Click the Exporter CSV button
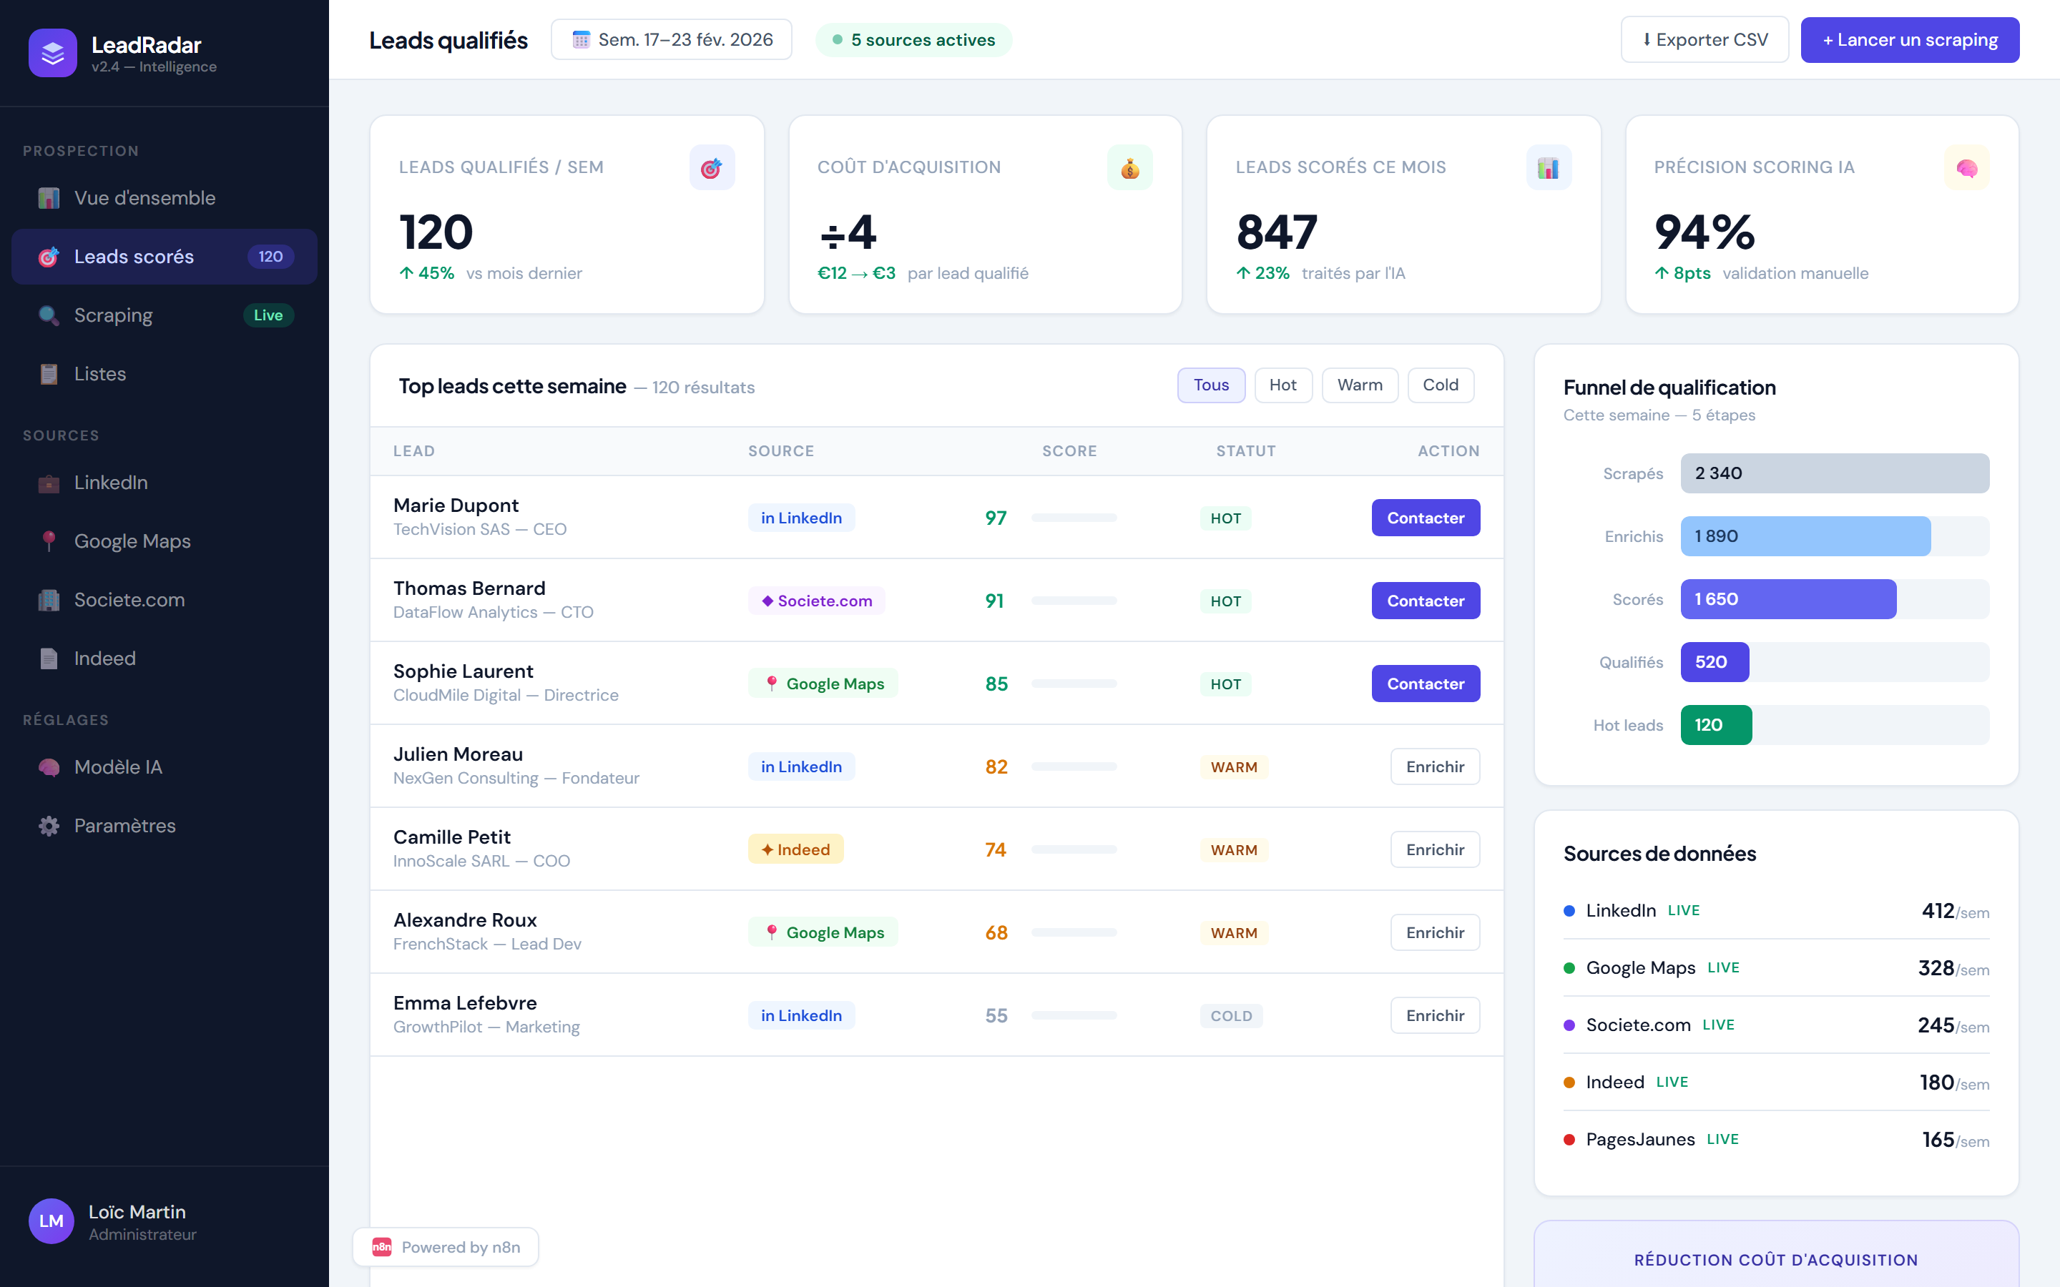coord(1705,40)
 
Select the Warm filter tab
coord(1360,385)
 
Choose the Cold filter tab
coord(1441,385)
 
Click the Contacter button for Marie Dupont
coord(1425,518)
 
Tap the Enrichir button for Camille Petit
coord(1434,849)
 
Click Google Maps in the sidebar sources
coord(132,541)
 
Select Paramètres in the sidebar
coord(124,826)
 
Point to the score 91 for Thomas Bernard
coord(994,601)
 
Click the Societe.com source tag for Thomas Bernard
coord(816,601)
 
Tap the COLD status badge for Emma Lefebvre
coord(1231,1015)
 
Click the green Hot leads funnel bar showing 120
coord(1715,725)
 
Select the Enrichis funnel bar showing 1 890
coord(1805,536)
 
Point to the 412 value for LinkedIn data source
coord(1938,911)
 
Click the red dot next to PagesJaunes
coord(1569,1140)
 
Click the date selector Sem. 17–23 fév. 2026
coord(672,40)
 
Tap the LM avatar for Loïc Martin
coord(51,1221)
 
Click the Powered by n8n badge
coord(446,1247)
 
